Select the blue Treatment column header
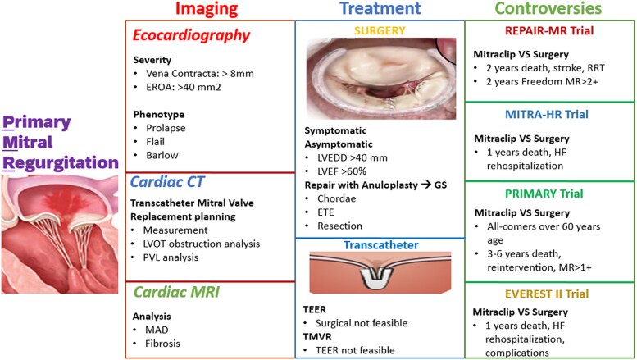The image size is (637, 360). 380,9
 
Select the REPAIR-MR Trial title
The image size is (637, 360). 549,33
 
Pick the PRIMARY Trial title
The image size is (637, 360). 549,194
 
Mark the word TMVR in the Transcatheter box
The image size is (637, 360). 321,335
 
